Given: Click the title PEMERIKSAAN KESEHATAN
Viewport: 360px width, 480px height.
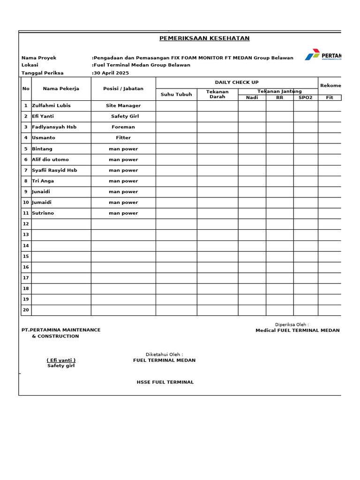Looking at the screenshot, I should [x=204, y=38].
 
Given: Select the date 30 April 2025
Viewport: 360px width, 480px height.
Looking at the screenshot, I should [x=111, y=73].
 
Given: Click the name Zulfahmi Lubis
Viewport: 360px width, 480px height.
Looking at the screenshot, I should [x=51, y=105].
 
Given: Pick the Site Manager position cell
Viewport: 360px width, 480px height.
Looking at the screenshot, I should [x=123, y=105].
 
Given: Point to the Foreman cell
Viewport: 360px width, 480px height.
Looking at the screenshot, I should [x=123, y=127].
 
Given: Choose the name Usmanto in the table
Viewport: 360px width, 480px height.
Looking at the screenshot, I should [x=44, y=138].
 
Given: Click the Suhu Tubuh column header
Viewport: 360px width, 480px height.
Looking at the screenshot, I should [x=176, y=94].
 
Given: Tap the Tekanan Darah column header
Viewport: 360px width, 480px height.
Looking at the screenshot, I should [x=217, y=94].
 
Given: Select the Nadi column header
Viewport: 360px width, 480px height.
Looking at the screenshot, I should [x=252, y=97].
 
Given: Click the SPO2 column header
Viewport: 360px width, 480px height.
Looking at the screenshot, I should [x=305, y=97].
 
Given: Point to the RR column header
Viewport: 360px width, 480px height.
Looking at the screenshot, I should [x=279, y=97].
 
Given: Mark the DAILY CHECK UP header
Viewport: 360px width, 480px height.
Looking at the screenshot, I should [x=237, y=82].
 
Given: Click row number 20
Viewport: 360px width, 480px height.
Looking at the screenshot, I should [x=26, y=310].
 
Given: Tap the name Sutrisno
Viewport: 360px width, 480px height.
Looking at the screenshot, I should [x=43, y=213].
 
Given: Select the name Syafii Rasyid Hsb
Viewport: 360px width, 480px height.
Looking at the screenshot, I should [x=54, y=170].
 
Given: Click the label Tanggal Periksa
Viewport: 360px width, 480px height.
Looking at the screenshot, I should [x=42, y=73].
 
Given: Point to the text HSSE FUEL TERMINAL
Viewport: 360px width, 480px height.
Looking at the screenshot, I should [x=165, y=382].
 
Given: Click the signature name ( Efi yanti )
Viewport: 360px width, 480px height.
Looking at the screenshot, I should [x=61, y=360].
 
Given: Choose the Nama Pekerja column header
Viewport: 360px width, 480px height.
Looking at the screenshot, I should [x=61, y=89].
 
